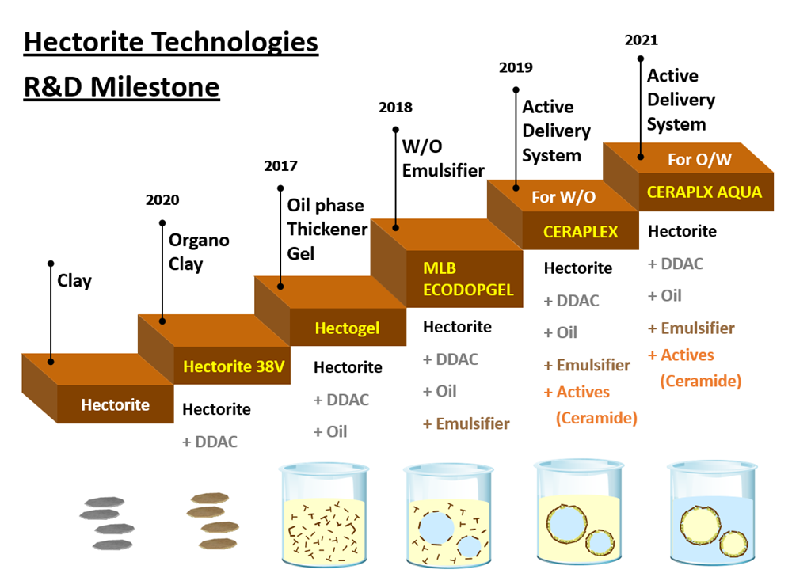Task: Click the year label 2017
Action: click(281, 166)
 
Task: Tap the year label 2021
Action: click(641, 40)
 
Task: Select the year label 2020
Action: click(162, 200)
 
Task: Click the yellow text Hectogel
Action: click(347, 328)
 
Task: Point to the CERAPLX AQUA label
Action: click(704, 192)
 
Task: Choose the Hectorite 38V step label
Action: click(233, 366)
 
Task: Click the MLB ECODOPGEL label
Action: click(468, 279)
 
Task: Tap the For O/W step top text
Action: click(699, 159)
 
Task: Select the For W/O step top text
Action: click(563, 196)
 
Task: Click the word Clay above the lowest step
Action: click(74, 280)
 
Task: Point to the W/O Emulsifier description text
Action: click(443, 158)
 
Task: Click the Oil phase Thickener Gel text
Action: click(327, 229)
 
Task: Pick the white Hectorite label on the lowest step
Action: click(115, 405)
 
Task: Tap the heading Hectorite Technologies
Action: click(171, 42)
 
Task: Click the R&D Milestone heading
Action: click(121, 86)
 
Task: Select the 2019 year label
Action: click(516, 67)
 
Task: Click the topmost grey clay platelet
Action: click(101, 500)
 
